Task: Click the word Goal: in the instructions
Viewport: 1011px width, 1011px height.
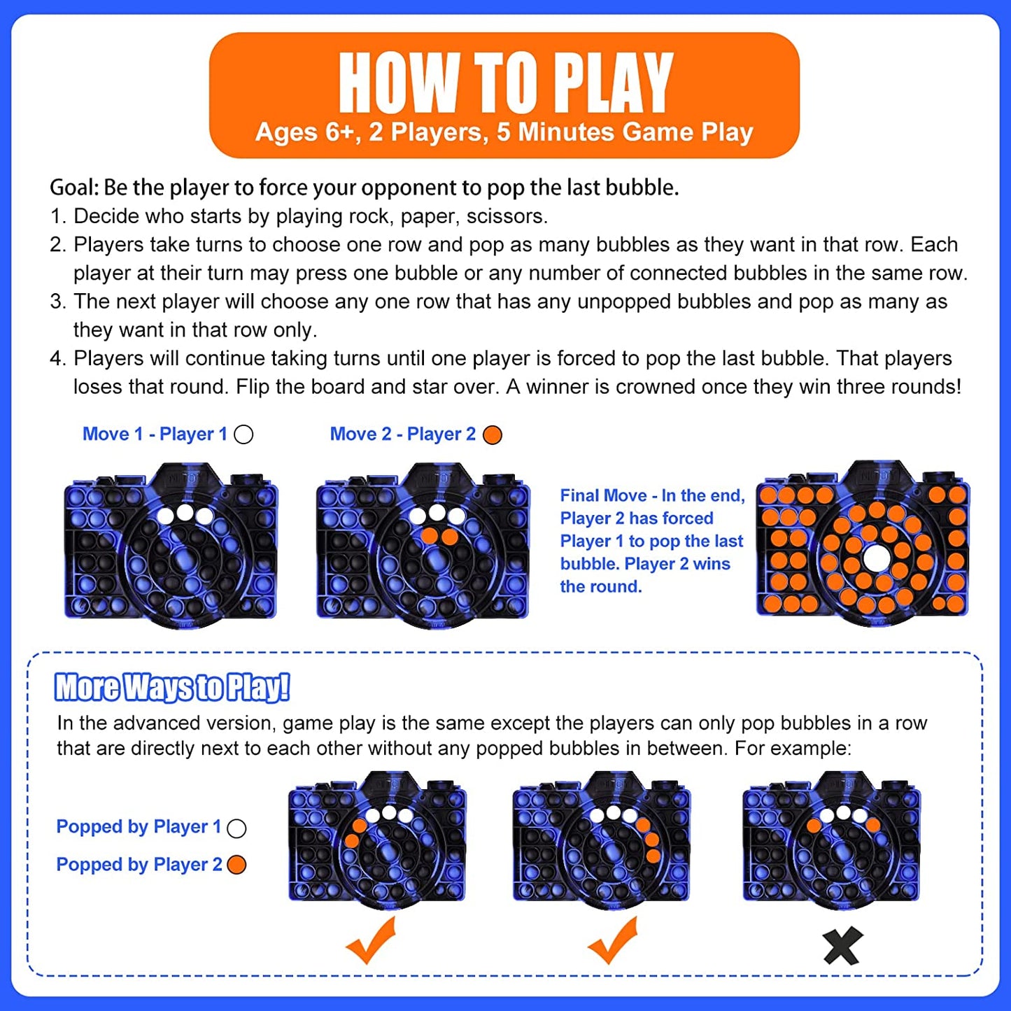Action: (x=76, y=188)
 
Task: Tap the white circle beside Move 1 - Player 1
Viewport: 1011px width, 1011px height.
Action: (x=243, y=434)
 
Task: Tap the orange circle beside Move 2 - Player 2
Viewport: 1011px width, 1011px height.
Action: (x=493, y=434)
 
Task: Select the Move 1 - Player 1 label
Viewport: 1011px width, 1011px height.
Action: (x=155, y=434)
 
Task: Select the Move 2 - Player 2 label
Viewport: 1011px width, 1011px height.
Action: (x=402, y=434)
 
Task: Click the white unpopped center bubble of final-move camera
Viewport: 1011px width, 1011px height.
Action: (x=875, y=558)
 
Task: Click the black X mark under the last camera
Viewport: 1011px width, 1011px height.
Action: (x=842, y=947)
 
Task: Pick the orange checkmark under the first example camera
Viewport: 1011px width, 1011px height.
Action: (x=372, y=941)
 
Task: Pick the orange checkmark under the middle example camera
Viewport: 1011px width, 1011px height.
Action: (x=614, y=941)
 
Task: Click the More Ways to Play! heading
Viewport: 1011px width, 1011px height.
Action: (x=172, y=687)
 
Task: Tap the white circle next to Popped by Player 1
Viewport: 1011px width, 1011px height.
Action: (x=237, y=828)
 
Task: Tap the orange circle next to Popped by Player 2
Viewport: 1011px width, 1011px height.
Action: (x=237, y=865)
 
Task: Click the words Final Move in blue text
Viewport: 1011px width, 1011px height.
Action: (x=603, y=495)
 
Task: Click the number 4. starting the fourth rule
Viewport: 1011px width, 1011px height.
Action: (x=58, y=358)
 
